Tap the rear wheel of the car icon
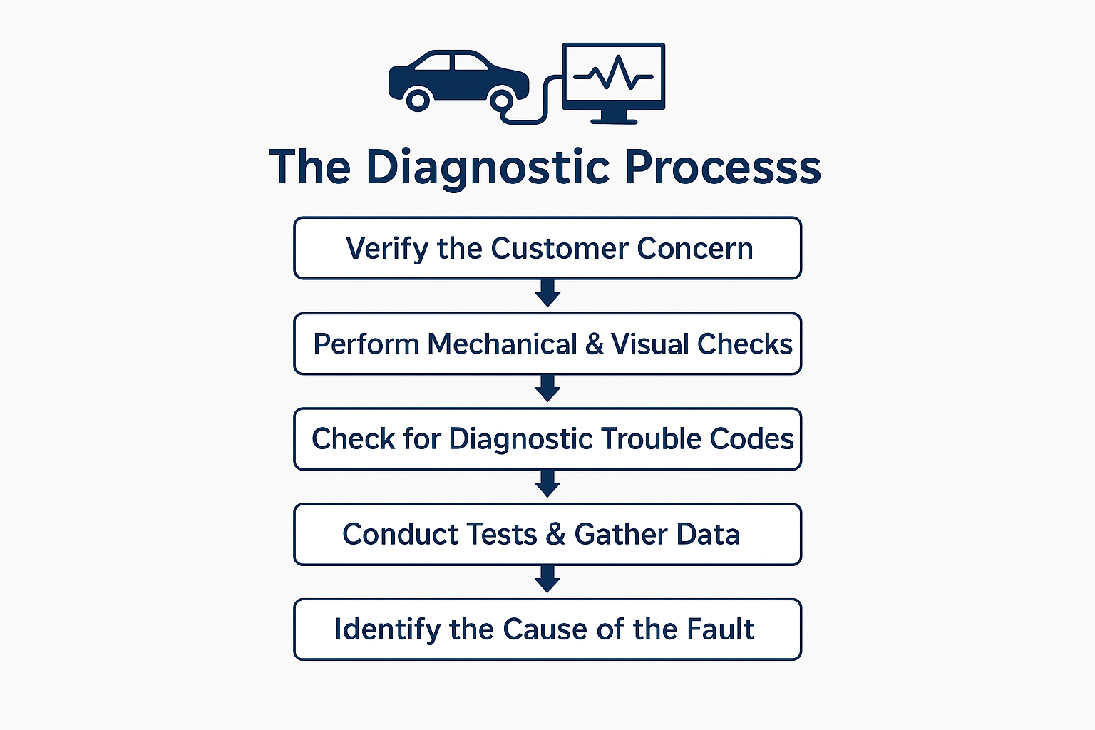point(418,99)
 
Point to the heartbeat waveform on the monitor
point(613,73)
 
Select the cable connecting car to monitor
point(545,100)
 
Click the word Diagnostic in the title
point(488,168)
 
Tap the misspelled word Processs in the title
point(723,168)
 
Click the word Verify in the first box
point(386,249)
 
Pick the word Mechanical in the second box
point(502,344)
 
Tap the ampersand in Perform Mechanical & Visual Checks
point(594,344)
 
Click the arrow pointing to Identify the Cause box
point(547,580)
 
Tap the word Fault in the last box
point(720,629)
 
